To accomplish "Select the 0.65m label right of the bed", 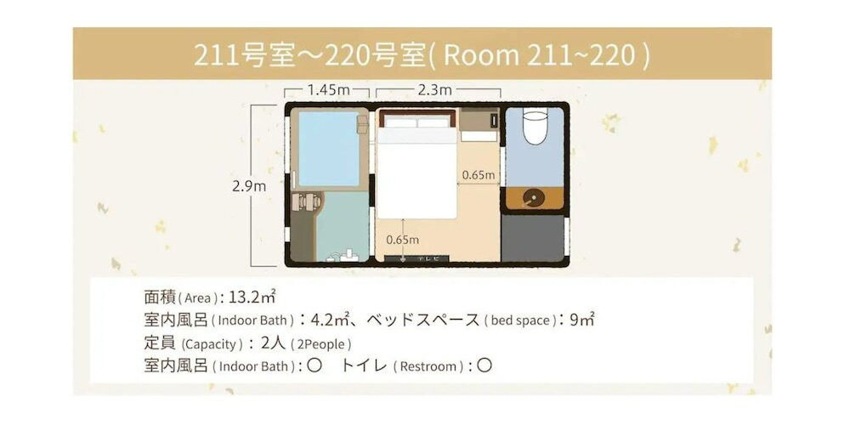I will (479, 175).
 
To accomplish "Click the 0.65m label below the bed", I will (403, 240).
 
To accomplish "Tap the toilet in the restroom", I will (533, 127).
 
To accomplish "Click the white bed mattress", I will (416, 174).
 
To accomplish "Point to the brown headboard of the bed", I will (416, 113).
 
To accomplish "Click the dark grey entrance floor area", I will (533, 237).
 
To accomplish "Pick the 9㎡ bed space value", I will (581, 320).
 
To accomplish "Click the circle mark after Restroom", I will (484, 366).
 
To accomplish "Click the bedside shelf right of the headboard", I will (479, 124).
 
